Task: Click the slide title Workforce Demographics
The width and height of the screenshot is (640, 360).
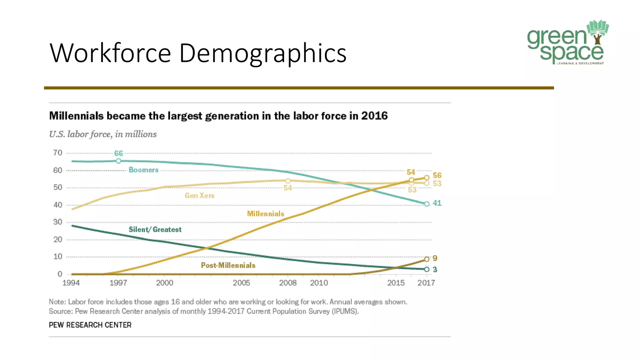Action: (198, 53)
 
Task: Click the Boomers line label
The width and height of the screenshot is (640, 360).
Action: (143, 170)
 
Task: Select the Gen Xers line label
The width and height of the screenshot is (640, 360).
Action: (199, 196)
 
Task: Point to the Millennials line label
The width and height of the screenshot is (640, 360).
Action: (265, 214)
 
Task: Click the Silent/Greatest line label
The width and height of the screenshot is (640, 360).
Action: (155, 230)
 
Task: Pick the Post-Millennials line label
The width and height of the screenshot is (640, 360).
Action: (228, 265)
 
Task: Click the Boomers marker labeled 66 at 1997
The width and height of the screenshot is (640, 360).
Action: (118, 161)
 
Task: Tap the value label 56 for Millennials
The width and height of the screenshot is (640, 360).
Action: (437, 175)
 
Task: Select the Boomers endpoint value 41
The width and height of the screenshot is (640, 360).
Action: (437, 203)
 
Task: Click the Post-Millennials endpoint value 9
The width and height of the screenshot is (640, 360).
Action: (435, 258)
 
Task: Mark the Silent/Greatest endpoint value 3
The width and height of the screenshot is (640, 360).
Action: (435, 269)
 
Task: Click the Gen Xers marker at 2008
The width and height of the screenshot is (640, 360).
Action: (288, 181)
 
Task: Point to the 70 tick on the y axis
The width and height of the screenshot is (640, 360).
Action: (58, 153)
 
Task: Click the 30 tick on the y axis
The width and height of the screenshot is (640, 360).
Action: (58, 222)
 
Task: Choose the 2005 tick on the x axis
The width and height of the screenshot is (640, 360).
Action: (241, 283)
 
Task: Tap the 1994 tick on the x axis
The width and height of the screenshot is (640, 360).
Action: (71, 283)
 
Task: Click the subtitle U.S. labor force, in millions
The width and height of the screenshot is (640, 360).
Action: (103, 134)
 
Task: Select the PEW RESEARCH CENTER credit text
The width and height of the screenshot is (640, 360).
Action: (90, 325)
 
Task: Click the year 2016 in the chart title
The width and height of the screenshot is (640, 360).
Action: (374, 116)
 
